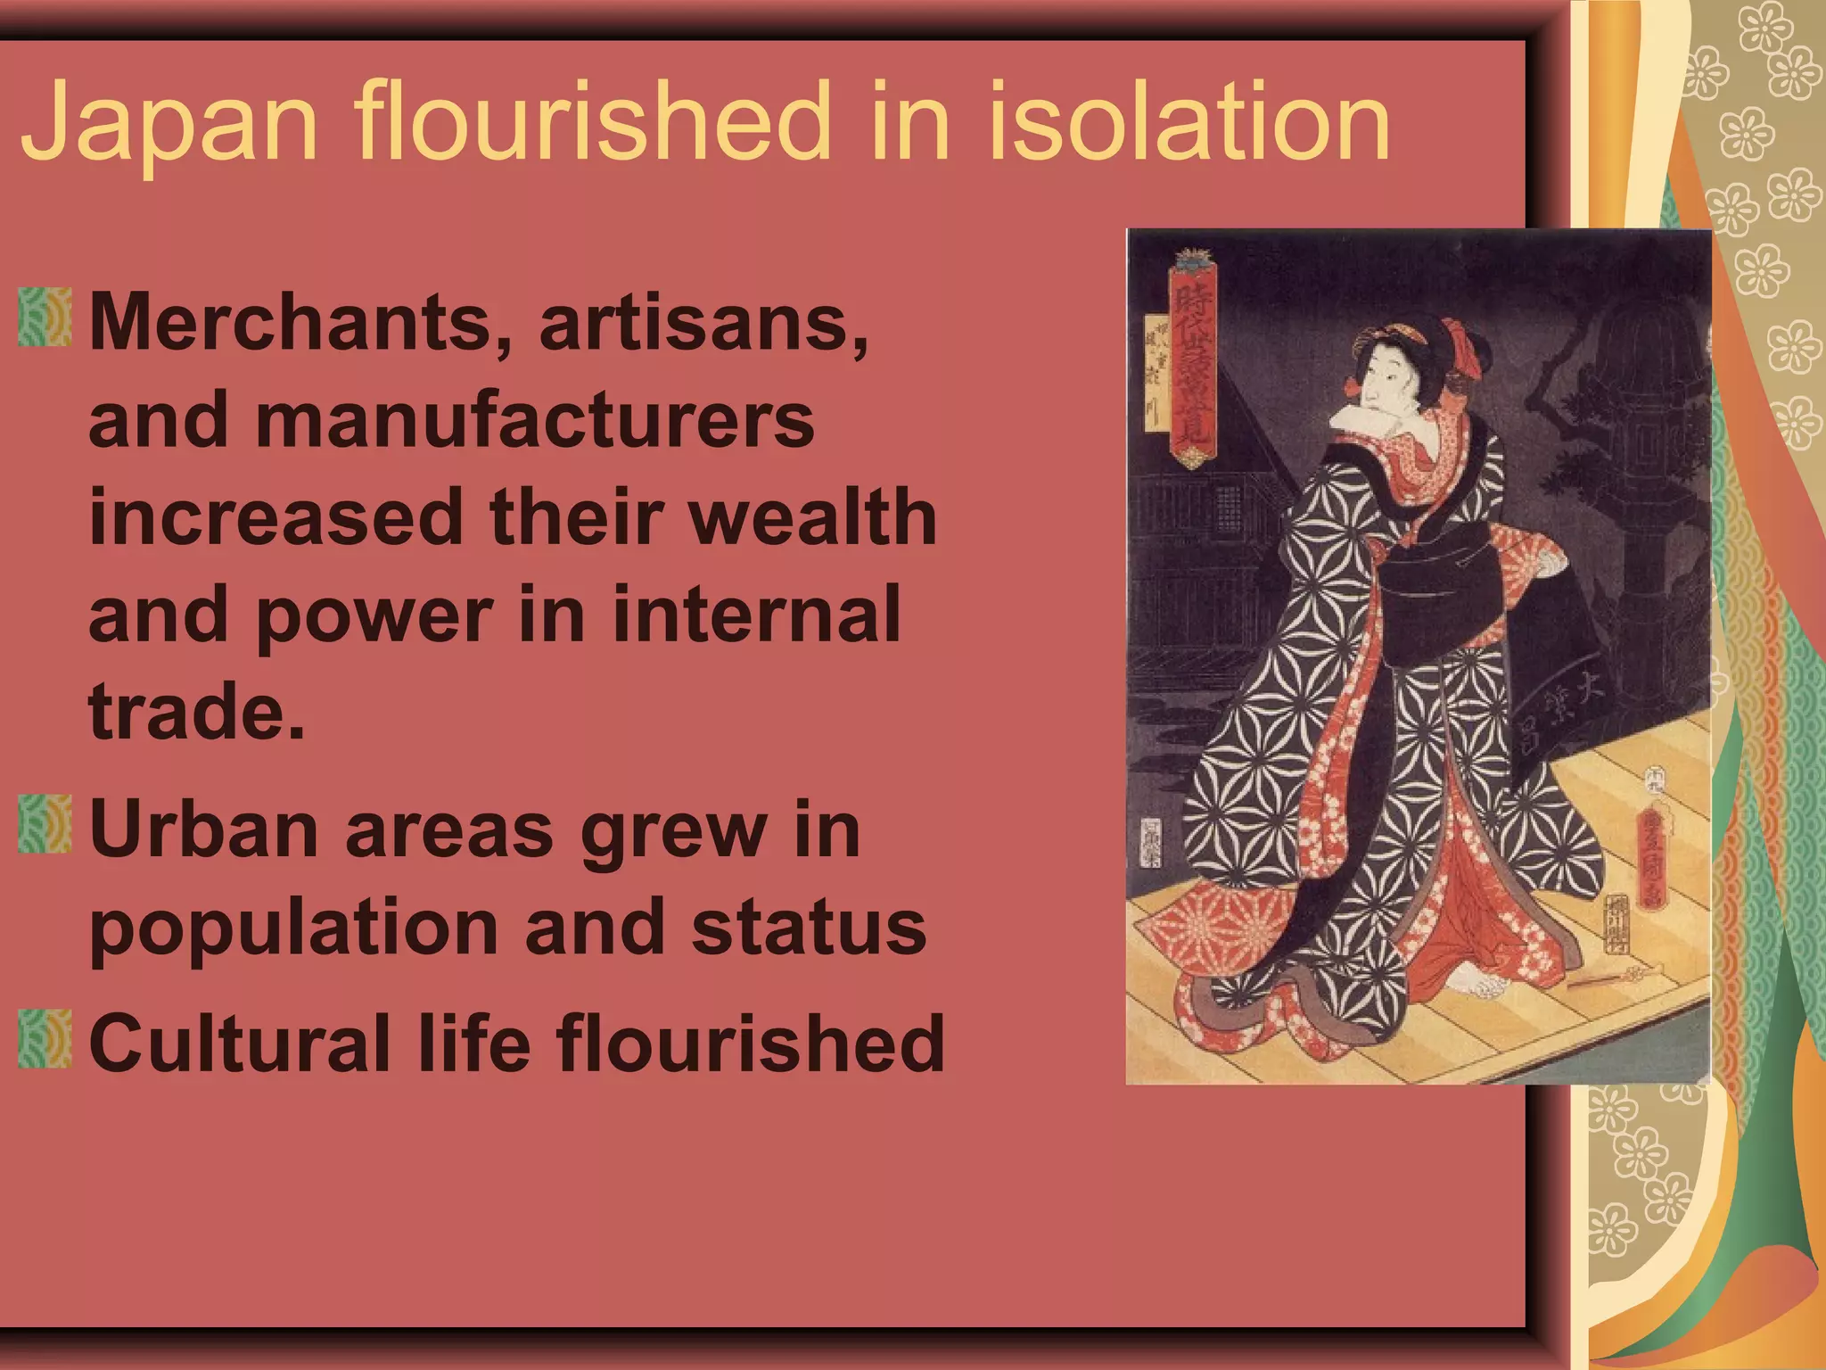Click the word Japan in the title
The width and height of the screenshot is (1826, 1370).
(169, 122)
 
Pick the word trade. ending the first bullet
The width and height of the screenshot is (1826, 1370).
(196, 711)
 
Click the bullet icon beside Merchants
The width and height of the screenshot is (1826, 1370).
(45, 317)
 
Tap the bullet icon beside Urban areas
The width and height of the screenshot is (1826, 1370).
(45, 823)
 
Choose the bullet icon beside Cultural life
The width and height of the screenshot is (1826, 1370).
(45, 1038)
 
